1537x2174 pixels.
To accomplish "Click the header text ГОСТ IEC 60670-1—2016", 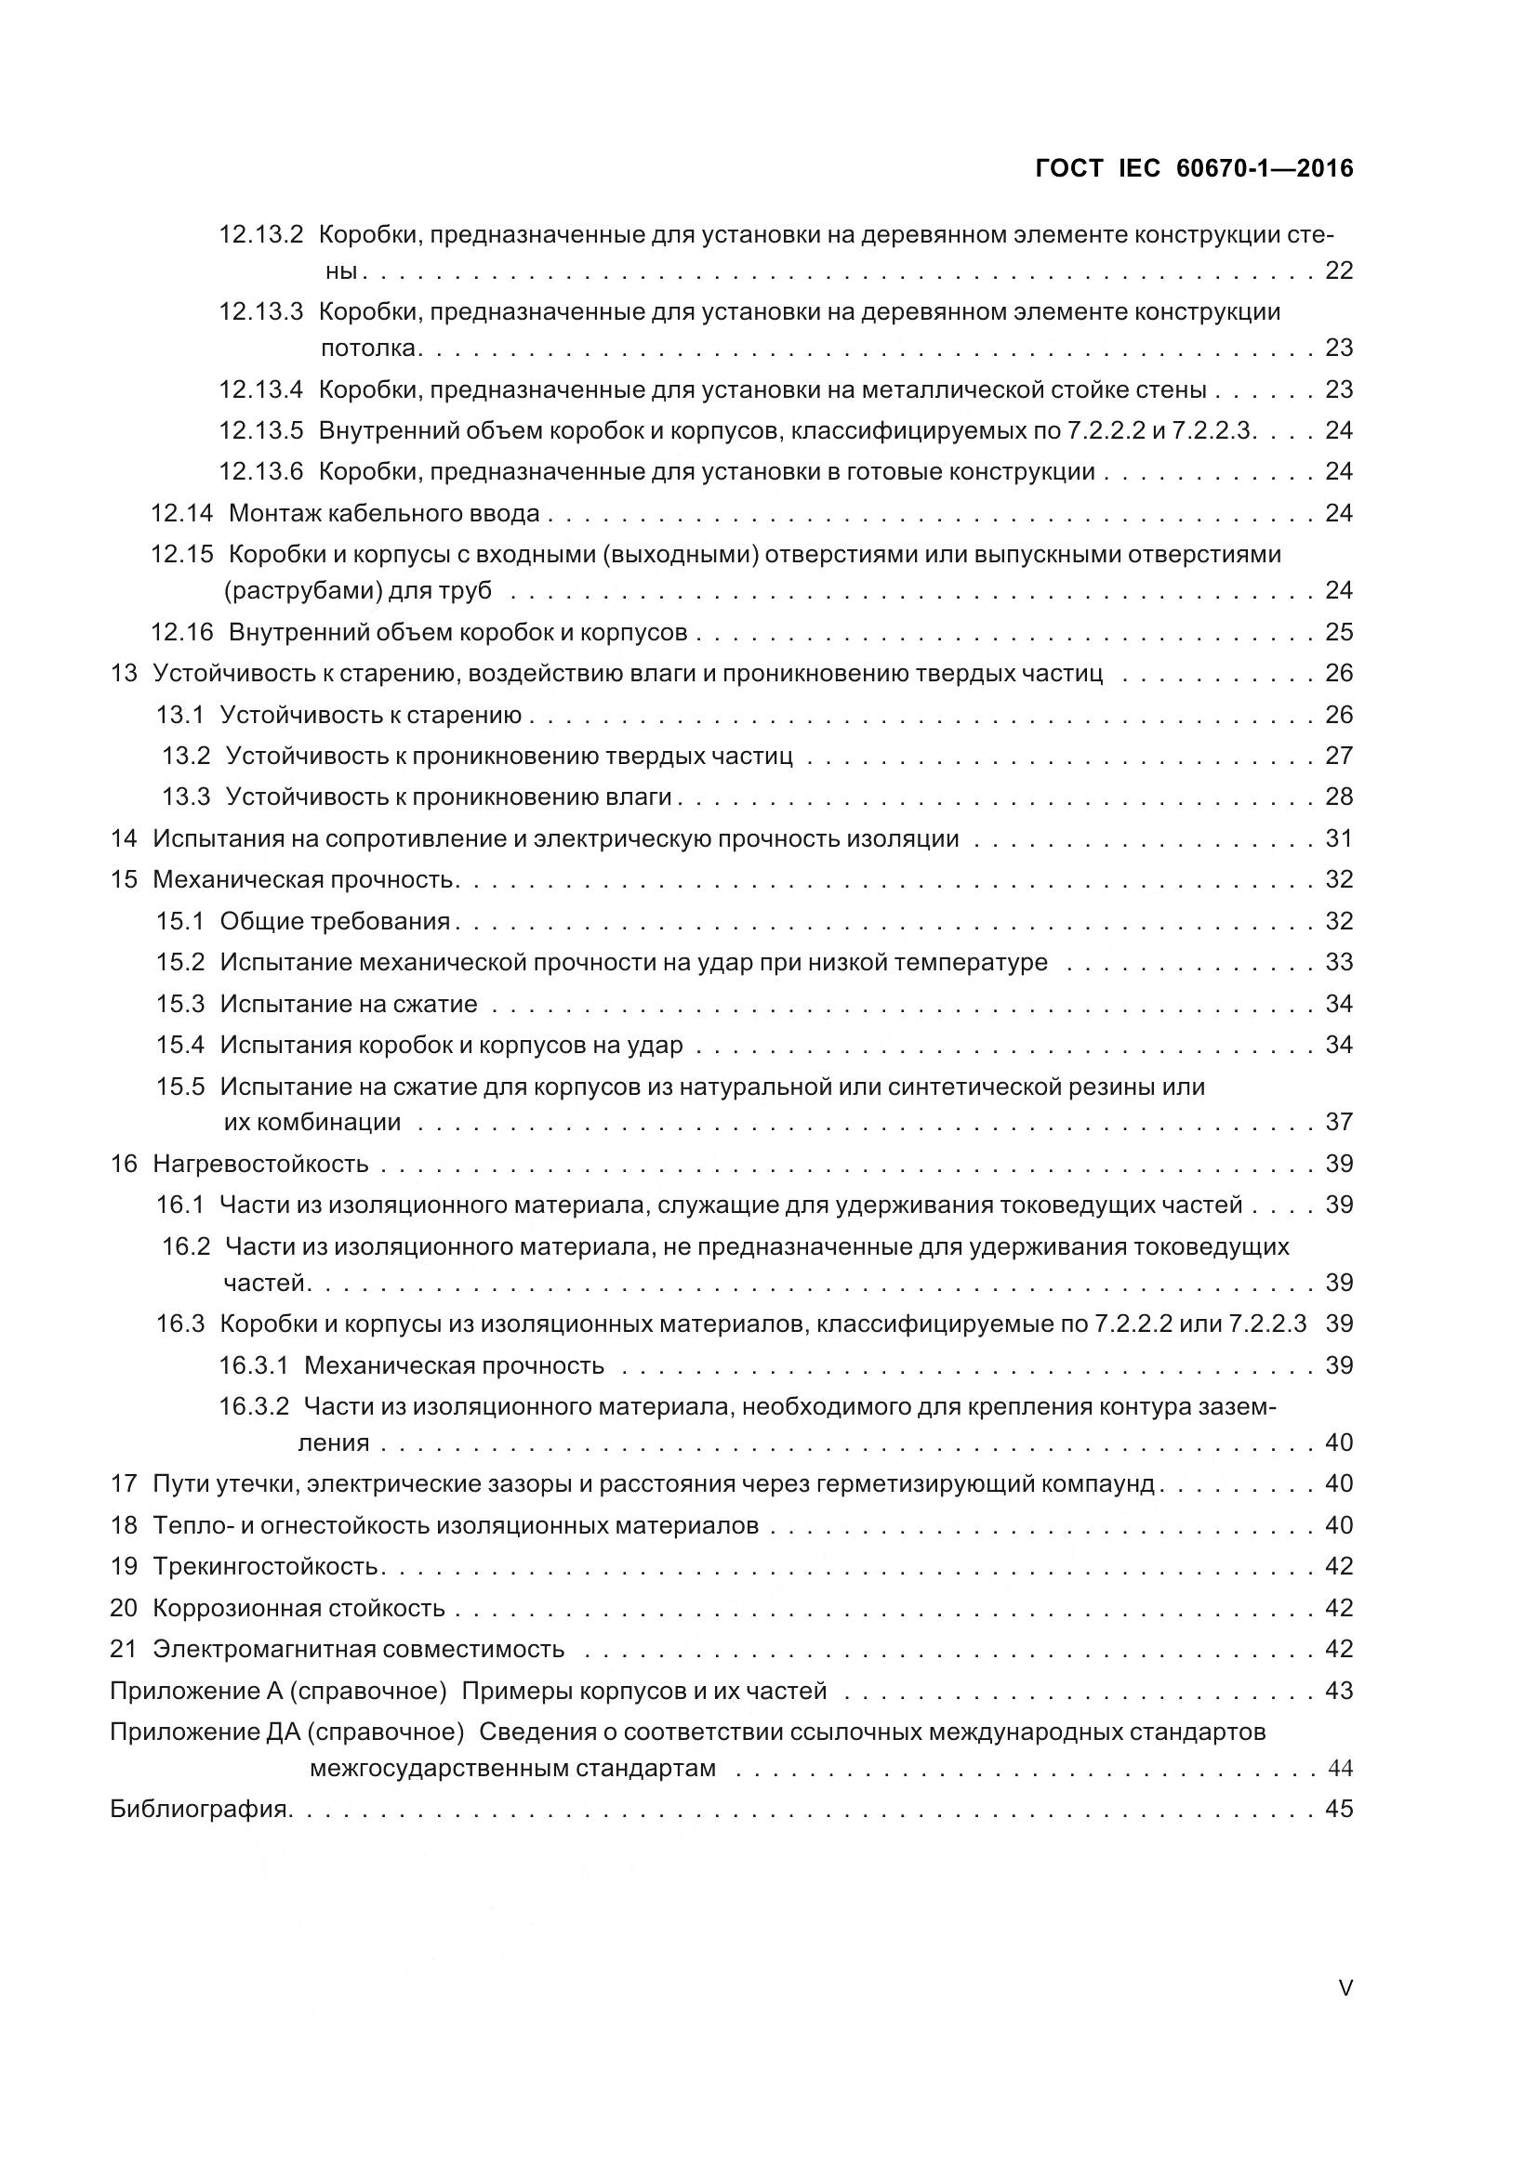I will coord(1194,168).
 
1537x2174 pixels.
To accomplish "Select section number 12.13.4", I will coord(260,389).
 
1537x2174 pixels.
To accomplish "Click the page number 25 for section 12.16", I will coord(1339,631).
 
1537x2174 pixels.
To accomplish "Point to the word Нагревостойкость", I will coord(260,1164).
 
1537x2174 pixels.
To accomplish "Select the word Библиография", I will coord(199,1810).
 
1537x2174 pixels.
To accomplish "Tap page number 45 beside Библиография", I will coord(1339,1810).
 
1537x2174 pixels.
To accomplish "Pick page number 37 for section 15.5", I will coord(1339,1122).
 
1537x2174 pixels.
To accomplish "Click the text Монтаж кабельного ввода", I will coord(385,513).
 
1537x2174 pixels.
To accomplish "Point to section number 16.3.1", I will coord(253,1365).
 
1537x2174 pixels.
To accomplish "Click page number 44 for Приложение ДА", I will coord(1339,1768).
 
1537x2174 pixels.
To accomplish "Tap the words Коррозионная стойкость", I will coord(298,1608).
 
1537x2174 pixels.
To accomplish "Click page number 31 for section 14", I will coord(1339,838).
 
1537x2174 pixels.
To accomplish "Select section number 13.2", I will coord(186,756).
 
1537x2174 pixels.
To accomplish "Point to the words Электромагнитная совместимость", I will coord(358,1650).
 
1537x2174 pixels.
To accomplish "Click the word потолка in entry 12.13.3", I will coord(367,349).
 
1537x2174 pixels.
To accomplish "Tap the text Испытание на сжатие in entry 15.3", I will coord(349,1004).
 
